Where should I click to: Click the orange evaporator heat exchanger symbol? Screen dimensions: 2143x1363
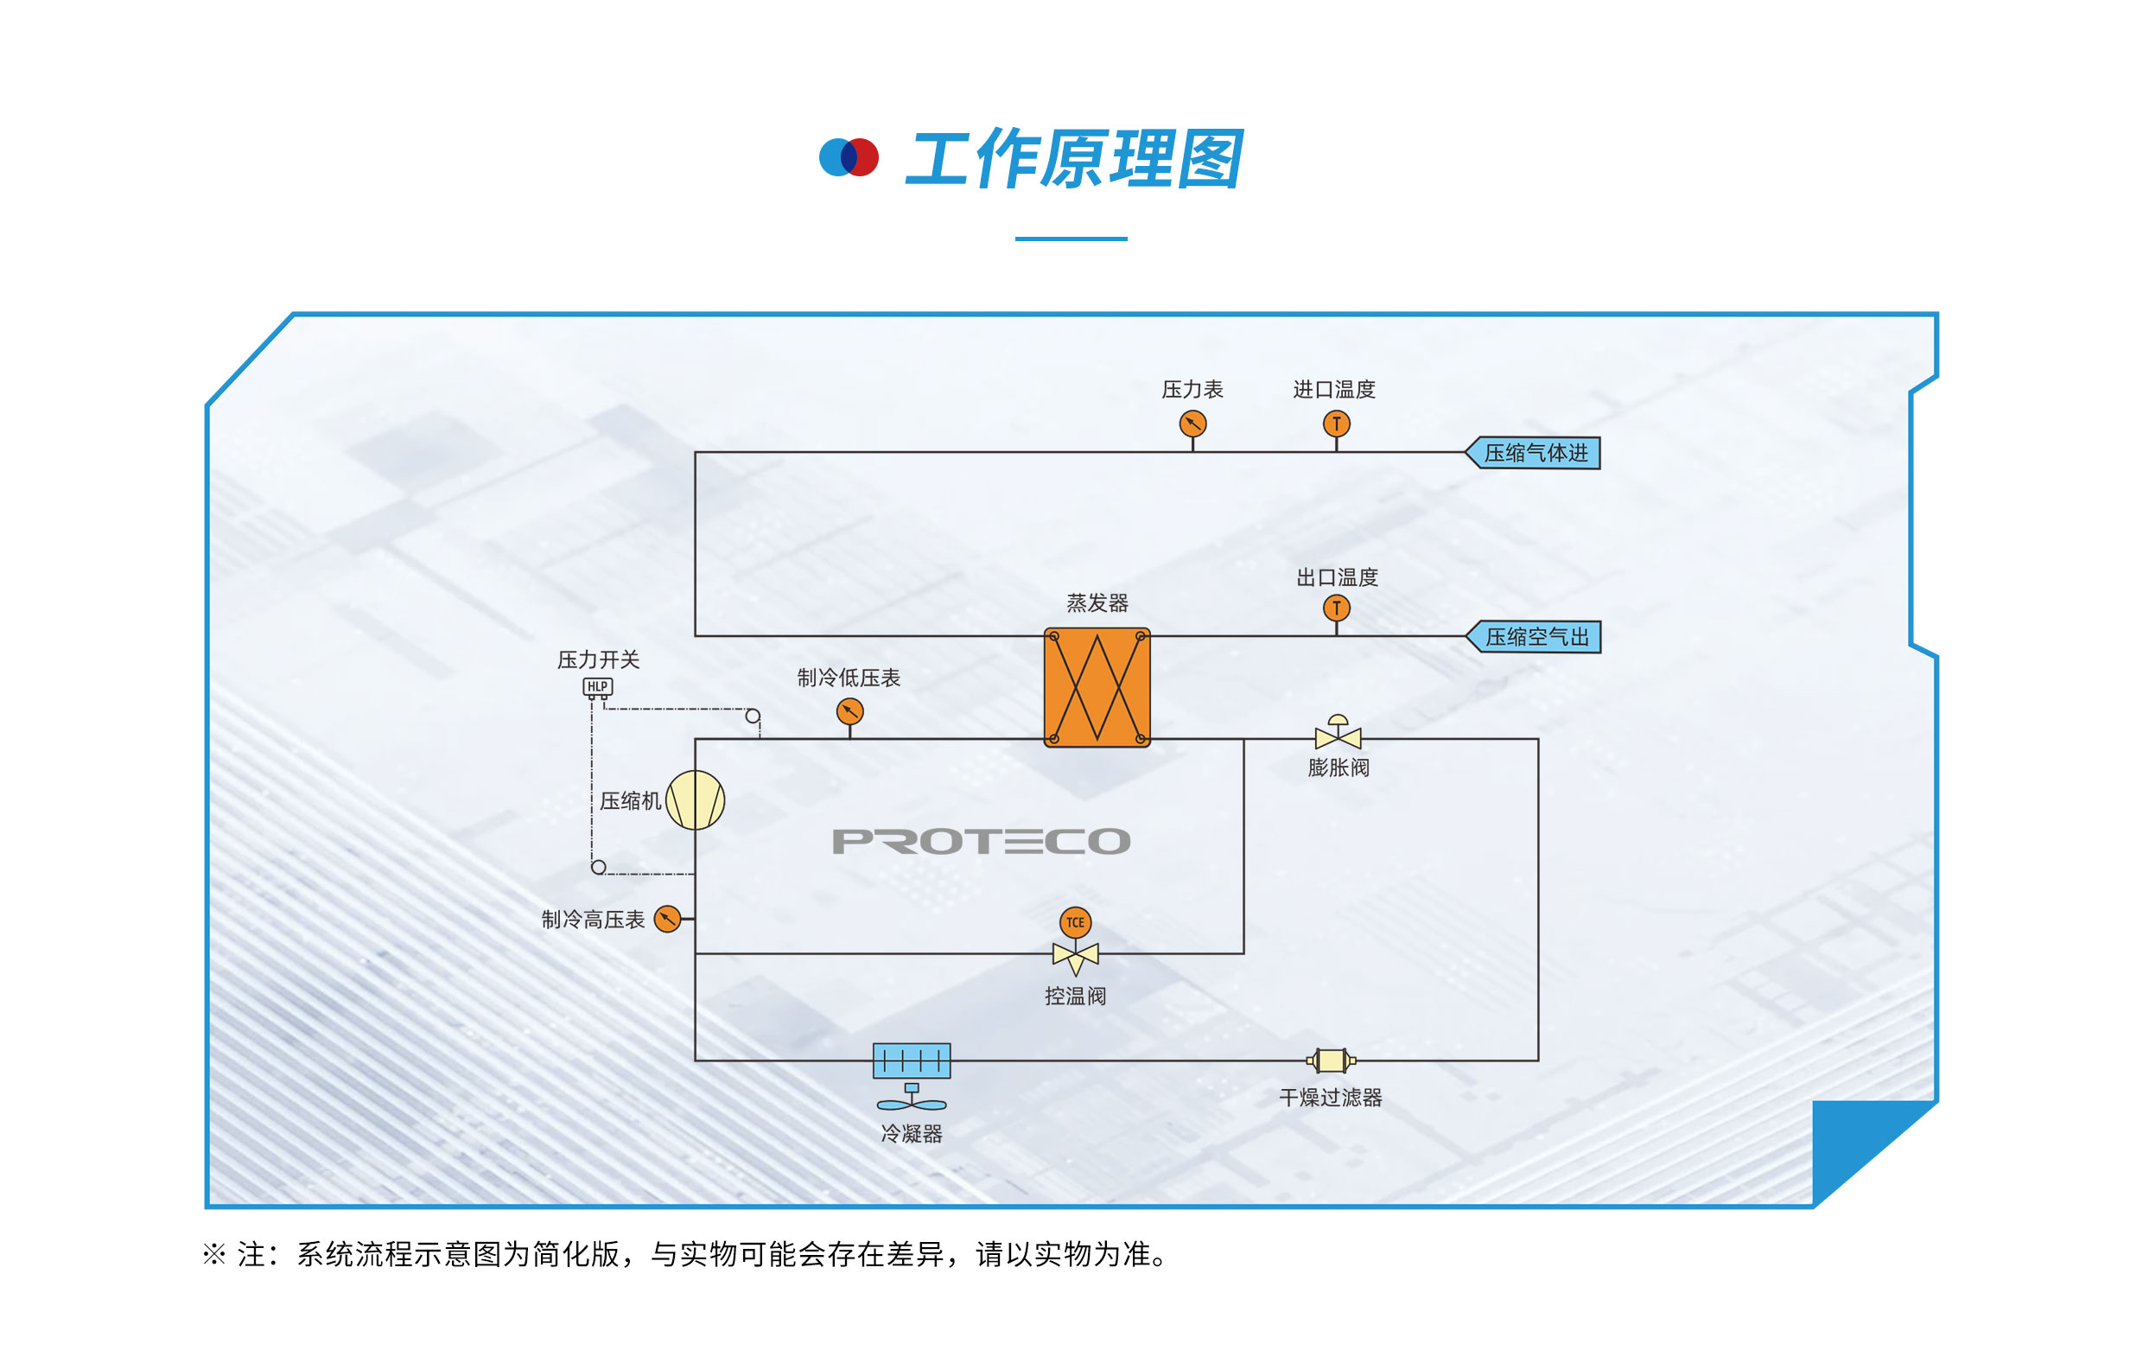[1097, 687]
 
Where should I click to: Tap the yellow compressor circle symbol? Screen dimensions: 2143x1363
[695, 800]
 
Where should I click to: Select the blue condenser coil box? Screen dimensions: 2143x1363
[912, 1060]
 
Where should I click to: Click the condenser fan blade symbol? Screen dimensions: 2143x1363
[912, 1105]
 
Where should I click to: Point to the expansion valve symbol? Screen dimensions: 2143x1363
[1338, 733]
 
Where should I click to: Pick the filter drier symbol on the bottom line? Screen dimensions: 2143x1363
[1331, 1060]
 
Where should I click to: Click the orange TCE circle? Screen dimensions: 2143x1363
[1075, 922]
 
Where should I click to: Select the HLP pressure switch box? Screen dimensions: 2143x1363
[597, 687]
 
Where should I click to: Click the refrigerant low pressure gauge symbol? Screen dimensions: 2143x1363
[850, 711]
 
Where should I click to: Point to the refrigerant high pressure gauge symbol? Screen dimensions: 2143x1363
[667, 919]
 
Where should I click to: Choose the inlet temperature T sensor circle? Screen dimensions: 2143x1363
[1336, 424]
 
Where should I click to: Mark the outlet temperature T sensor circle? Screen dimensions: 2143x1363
[1336, 608]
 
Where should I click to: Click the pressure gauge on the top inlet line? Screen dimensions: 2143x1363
[1192, 424]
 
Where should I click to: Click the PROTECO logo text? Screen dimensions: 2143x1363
[981, 841]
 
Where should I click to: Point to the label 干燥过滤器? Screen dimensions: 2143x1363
[1331, 1098]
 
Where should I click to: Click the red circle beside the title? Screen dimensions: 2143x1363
[862, 157]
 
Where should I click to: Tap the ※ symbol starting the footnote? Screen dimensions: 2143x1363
[213, 1254]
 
